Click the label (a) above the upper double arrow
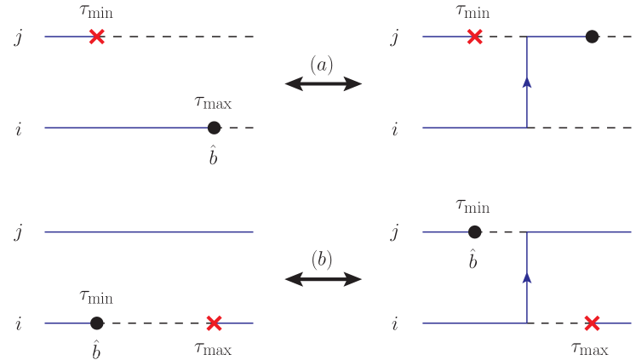(x=323, y=65)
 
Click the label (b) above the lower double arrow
(x=323, y=260)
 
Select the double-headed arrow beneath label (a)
(x=323, y=83)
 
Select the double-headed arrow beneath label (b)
(x=323, y=278)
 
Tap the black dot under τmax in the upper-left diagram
(x=214, y=128)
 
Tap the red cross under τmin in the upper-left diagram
(x=97, y=37)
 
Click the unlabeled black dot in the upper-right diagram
(x=592, y=37)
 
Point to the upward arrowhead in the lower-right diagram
(x=528, y=277)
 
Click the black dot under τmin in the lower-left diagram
(x=97, y=323)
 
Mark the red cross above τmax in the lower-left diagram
(x=214, y=323)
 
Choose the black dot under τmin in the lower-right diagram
(x=474, y=231)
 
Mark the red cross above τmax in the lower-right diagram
(x=592, y=323)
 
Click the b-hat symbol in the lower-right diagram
(x=474, y=260)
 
